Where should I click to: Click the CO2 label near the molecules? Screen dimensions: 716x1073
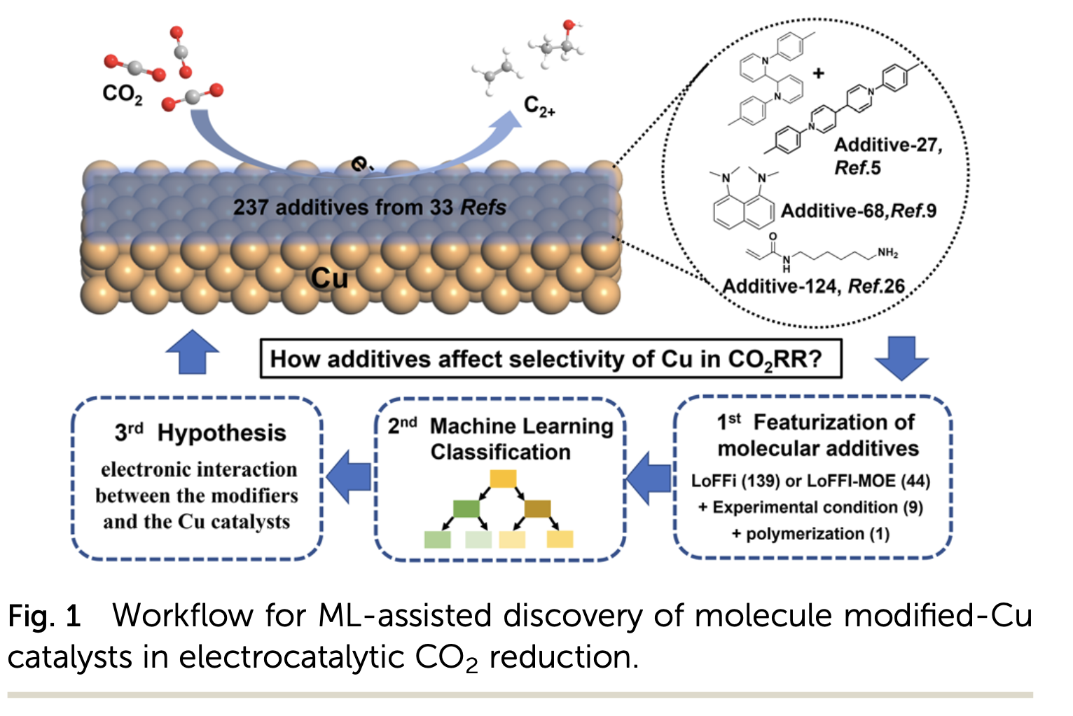point(122,94)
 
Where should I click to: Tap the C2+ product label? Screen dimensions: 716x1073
point(539,107)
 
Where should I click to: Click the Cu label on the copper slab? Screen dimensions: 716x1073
point(329,279)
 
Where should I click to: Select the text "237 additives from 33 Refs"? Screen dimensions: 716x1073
point(369,207)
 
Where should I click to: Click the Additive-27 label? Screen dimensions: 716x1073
point(888,145)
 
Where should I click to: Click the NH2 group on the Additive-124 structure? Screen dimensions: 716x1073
point(887,253)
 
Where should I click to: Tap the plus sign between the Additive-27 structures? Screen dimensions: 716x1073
point(818,73)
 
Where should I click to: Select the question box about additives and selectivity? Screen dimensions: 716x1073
point(550,359)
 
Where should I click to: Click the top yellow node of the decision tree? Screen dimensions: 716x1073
point(503,479)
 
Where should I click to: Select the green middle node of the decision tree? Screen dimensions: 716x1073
point(466,509)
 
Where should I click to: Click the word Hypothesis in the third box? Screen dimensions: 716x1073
point(221,433)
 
